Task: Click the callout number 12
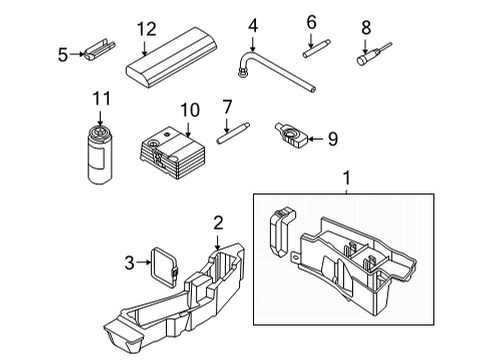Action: coord(146,29)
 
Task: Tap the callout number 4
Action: coord(253,26)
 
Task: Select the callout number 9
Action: coord(333,139)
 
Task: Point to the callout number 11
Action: coord(101,99)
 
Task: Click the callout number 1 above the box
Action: coord(347,178)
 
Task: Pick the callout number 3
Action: coord(129,263)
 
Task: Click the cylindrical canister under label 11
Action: coord(100,155)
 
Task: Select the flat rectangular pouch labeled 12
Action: coord(172,58)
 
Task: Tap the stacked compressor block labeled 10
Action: coord(173,153)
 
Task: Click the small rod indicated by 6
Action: coord(317,49)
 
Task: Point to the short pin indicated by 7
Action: coord(233,133)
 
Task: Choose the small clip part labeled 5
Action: coord(99,49)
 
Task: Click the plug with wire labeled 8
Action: coord(374,54)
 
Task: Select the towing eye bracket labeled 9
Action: coord(291,135)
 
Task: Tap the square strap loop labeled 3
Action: coord(164,267)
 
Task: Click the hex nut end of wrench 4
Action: coord(242,72)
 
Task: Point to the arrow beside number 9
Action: coord(316,139)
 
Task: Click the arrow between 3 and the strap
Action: coord(144,262)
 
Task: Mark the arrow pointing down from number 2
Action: coord(217,242)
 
